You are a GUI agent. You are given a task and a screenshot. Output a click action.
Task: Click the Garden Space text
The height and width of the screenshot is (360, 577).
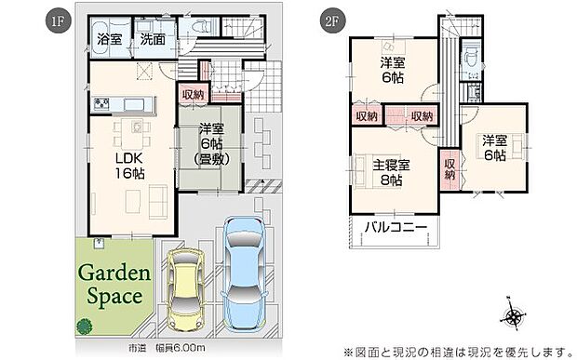tap(114, 285)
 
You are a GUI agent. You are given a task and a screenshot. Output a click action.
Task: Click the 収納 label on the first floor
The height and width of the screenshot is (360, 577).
tap(194, 94)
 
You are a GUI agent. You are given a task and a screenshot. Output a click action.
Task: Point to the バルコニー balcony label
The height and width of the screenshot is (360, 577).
tap(396, 227)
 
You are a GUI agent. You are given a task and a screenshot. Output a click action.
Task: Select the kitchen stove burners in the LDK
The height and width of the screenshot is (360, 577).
tap(101, 101)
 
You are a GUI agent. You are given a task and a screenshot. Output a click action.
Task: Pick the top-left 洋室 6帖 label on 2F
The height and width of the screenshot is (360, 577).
tap(393, 71)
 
